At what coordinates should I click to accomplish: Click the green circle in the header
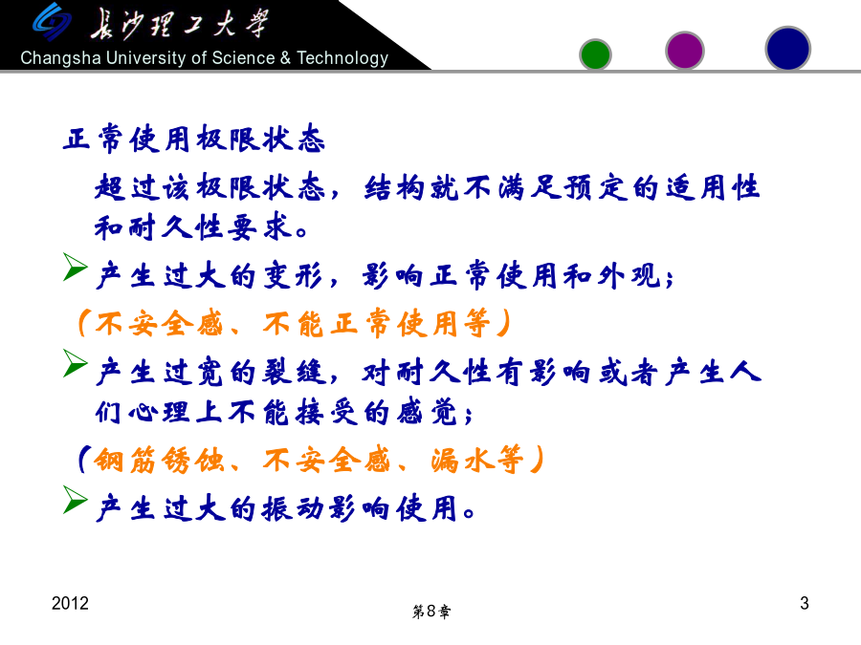coord(595,54)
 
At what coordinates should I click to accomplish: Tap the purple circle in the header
coord(684,51)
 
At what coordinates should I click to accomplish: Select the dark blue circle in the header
coord(787,49)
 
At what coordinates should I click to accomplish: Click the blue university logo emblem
coord(52,22)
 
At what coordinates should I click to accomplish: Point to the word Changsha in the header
coord(60,58)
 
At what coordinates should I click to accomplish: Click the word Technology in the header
coord(342,58)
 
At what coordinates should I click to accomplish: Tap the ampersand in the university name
coord(285,57)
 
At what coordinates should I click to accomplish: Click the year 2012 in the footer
coord(70,603)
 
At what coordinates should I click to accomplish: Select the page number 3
coord(804,603)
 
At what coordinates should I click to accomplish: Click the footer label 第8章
coord(431,611)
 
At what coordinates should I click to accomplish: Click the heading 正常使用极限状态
coord(194,139)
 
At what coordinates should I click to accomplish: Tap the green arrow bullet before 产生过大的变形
coord(75,268)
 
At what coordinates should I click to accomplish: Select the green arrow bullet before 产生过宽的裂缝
coord(75,363)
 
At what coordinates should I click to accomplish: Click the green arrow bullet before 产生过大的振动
coord(75,500)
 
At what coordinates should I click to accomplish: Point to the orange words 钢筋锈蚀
coord(159,460)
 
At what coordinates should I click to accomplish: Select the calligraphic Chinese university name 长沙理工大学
coord(180,25)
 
